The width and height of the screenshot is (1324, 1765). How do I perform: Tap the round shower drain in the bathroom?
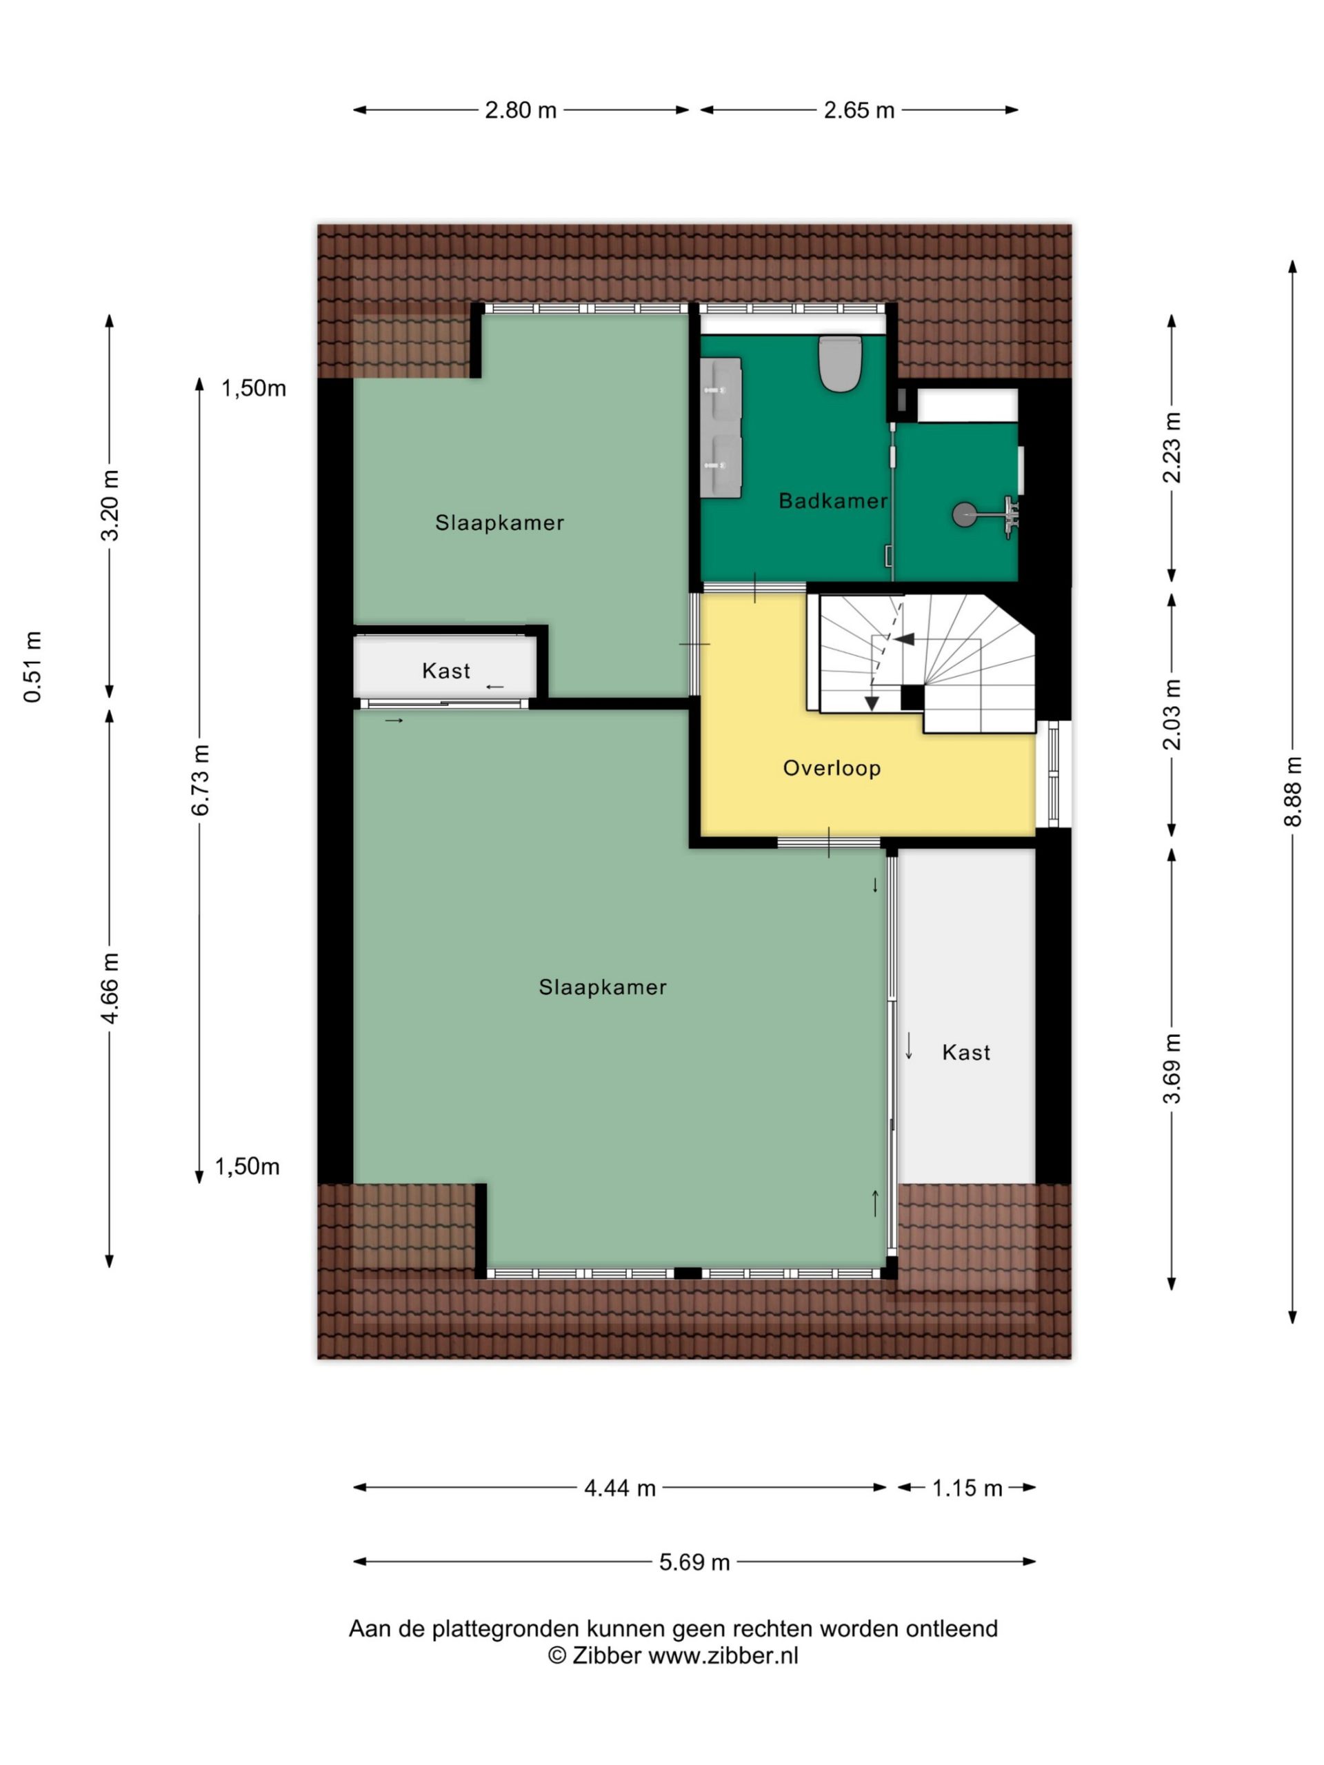click(x=964, y=514)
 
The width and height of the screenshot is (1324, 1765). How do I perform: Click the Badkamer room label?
click(x=832, y=501)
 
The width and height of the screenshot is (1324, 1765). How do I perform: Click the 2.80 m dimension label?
click(x=521, y=110)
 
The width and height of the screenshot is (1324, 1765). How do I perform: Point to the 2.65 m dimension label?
click(x=859, y=110)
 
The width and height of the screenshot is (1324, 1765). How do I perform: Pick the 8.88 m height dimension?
click(x=1293, y=791)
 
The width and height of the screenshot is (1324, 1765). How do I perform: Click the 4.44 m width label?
click(x=619, y=1488)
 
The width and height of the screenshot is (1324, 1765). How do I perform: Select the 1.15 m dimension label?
click(x=967, y=1488)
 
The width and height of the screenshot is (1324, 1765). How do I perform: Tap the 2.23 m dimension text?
click(x=1172, y=447)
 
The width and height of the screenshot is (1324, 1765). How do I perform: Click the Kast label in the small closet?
click(x=446, y=671)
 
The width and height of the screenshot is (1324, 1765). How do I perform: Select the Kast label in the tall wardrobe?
click(x=967, y=1053)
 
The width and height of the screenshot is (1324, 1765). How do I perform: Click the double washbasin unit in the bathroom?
click(x=721, y=427)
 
